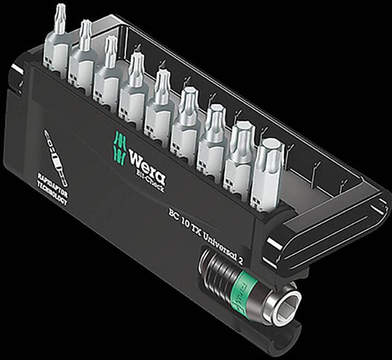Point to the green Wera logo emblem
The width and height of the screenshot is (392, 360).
coord(121,146)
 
